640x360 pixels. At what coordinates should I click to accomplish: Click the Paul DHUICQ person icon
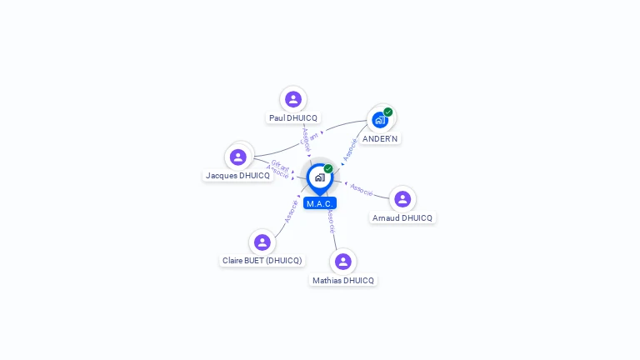(x=292, y=99)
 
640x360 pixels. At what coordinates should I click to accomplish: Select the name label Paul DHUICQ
(x=292, y=118)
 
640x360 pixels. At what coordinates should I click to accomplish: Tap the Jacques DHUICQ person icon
(x=238, y=157)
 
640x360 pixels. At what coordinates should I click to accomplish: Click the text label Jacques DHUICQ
(x=238, y=176)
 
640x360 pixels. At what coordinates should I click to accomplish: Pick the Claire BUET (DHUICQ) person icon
(x=262, y=242)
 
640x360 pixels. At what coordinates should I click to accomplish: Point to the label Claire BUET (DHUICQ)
(x=262, y=261)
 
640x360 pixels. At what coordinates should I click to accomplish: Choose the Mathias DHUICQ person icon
(x=342, y=262)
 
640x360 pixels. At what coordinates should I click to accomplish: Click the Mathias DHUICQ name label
(x=342, y=281)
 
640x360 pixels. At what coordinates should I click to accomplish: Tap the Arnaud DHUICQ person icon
(x=402, y=198)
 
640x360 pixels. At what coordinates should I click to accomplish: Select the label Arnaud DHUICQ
(x=402, y=218)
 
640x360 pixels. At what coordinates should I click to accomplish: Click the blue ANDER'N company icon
(x=380, y=120)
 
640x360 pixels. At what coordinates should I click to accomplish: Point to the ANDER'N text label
(x=380, y=138)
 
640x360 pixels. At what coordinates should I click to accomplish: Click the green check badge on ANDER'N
(x=388, y=112)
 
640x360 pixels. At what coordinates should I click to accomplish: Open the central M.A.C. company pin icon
(x=319, y=177)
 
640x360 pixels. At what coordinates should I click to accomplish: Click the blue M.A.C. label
(x=320, y=203)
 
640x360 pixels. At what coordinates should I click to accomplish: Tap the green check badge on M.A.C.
(x=328, y=168)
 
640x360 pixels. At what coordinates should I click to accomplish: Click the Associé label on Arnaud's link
(x=362, y=189)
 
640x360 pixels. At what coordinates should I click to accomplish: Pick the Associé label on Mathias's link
(x=332, y=220)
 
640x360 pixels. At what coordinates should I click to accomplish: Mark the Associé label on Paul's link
(x=306, y=139)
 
